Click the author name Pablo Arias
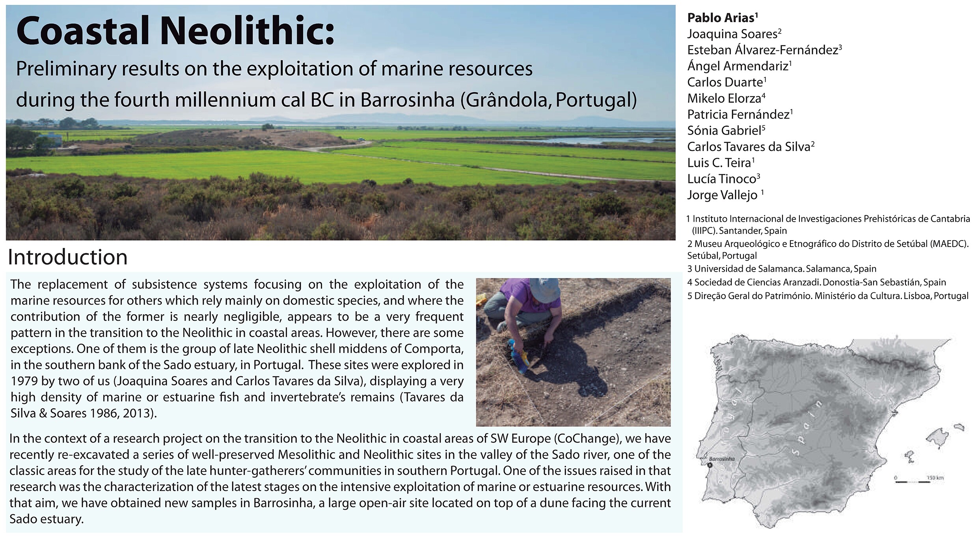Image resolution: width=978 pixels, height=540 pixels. [721, 18]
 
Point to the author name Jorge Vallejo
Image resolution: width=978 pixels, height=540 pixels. [723, 195]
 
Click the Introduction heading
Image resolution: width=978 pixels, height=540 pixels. [68, 258]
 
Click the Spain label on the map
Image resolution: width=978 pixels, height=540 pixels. [807, 434]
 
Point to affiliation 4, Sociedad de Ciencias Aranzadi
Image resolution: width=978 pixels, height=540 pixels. [816, 282]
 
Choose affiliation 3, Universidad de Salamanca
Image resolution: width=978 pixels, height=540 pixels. [781, 269]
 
